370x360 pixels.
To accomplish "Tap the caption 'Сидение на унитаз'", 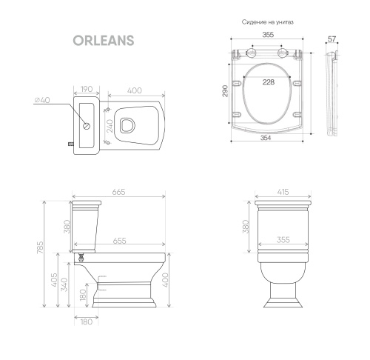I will [x=268, y=23].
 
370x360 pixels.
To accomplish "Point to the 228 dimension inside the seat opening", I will [x=267, y=82].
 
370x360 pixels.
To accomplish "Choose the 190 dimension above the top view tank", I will [x=87, y=90].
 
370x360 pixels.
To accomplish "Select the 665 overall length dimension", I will [x=118, y=191].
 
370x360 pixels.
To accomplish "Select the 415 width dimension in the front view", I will [x=283, y=191].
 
